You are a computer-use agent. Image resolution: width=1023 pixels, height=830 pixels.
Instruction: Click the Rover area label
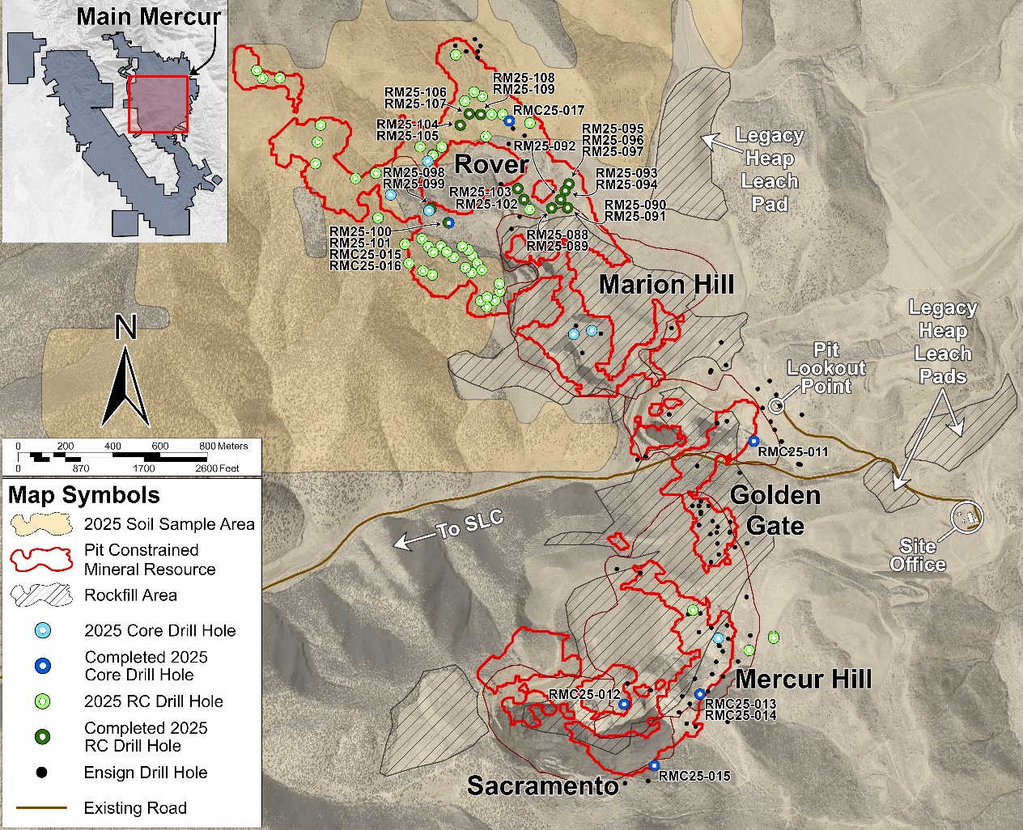[x=491, y=164]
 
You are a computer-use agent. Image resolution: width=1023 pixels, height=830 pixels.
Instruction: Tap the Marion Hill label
[x=666, y=285]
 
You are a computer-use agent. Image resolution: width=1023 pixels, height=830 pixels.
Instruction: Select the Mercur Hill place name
[x=804, y=679]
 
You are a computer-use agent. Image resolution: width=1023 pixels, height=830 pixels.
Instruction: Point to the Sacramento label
[x=542, y=786]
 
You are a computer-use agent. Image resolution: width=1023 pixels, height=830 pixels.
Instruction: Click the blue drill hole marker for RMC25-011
[x=753, y=441]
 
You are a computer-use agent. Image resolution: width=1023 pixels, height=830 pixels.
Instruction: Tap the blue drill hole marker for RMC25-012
[x=624, y=705]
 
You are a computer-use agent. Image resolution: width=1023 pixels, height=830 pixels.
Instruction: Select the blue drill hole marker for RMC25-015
[x=654, y=765]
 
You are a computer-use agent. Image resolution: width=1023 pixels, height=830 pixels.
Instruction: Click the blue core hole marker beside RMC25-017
[x=509, y=121]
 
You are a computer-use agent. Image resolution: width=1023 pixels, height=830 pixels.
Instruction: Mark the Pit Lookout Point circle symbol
[x=776, y=405]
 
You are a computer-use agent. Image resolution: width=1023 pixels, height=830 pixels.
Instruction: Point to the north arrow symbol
[x=125, y=376]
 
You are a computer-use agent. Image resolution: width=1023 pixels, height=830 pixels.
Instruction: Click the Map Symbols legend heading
[x=84, y=495]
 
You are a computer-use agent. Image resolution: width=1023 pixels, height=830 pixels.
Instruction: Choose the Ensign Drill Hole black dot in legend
[x=43, y=773]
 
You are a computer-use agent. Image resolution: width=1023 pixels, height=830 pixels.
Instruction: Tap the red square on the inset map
[x=159, y=104]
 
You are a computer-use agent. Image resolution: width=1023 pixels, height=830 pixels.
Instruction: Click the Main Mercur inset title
[x=148, y=16]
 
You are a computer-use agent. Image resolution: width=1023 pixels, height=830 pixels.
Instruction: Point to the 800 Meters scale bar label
[x=223, y=446]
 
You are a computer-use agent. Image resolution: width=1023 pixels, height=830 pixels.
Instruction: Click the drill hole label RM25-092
[x=545, y=146]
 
